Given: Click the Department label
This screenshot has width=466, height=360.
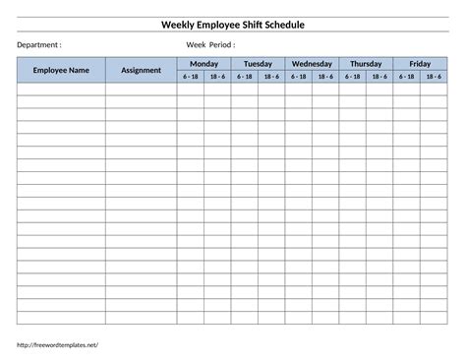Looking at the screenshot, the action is [39, 44].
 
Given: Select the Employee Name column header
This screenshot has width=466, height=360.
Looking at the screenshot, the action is [61, 70].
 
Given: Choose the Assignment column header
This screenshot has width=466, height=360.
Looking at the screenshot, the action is [141, 70].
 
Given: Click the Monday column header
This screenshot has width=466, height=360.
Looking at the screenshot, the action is [204, 64].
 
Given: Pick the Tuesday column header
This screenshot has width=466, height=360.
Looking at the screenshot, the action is [258, 64].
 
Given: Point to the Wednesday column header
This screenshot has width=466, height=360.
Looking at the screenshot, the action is [312, 64].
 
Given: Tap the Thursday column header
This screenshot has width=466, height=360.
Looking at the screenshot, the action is [366, 64].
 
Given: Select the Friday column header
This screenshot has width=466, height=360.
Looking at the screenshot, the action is [420, 64].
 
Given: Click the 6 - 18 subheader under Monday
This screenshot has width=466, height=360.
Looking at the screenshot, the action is [190, 77].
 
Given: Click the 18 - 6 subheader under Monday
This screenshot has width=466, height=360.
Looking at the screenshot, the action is [217, 77].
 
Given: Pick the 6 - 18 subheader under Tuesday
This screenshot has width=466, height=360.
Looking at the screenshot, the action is [244, 77].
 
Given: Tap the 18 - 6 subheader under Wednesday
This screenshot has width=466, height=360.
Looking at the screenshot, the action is [325, 77].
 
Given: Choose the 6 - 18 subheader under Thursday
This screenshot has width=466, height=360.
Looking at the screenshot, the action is [352, 77].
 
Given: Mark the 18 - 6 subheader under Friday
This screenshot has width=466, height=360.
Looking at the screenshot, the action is [434, 77].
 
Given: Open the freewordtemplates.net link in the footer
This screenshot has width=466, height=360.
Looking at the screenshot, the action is [58, 345].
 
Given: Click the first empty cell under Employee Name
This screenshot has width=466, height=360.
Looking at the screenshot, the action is [61, 89].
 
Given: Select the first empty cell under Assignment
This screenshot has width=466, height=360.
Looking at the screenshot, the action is [141, 89].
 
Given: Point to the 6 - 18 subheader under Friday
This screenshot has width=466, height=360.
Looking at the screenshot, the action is [406, 77].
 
